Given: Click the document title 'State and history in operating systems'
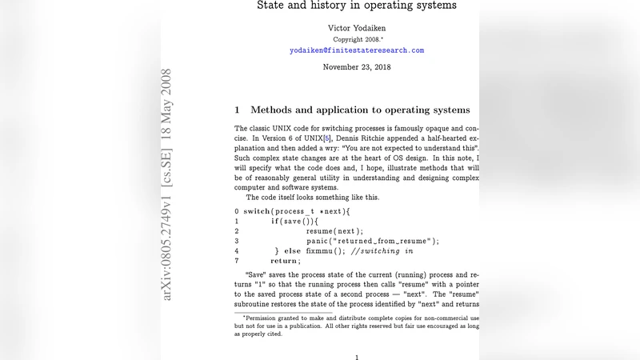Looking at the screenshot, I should pos(356,6).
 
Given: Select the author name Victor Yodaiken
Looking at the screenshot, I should pos(357,28).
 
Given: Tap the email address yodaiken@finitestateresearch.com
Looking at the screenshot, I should pos(357,50).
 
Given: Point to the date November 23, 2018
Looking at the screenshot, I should pos(357,67).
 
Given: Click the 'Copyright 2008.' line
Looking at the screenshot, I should pos(357,39).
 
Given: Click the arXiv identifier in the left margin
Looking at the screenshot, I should pos(167,184).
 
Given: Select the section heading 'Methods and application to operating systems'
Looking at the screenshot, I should pos(360,110).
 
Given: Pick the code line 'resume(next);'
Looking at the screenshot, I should pos(334,230).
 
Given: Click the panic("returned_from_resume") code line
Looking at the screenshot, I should pos(373,241).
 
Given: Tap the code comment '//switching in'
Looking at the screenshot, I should pos(382,251).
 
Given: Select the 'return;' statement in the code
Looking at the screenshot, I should pos(285,261).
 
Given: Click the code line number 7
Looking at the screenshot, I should pos(237,261).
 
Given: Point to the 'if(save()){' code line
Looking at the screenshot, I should pos(294,221).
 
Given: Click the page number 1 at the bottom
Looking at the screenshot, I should pos(357,358).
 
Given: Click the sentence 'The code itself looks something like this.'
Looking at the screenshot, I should pos(313,197).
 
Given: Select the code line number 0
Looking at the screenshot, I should pos(237,211).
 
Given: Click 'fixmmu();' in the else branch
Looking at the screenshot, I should pos(326,251).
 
